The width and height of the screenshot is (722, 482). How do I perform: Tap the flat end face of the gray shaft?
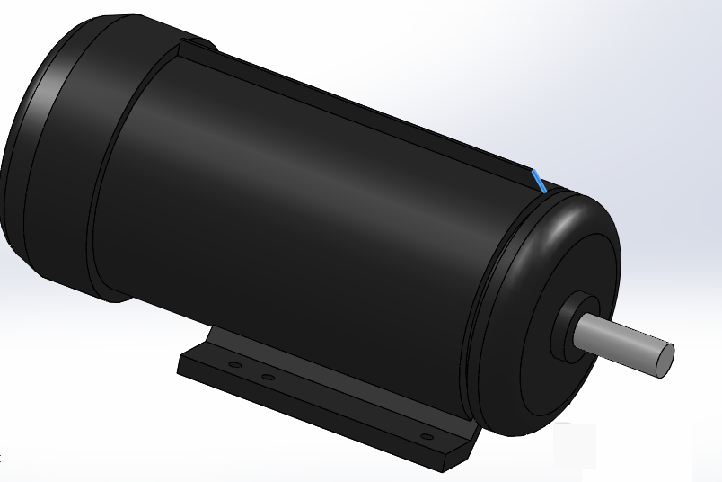tap(663, 360)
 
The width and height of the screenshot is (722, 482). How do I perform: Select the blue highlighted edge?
tap(539, 181)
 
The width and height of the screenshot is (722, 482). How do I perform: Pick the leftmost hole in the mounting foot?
tap(234, 365)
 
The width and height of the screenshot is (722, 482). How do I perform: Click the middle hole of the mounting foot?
tap(267, 376)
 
